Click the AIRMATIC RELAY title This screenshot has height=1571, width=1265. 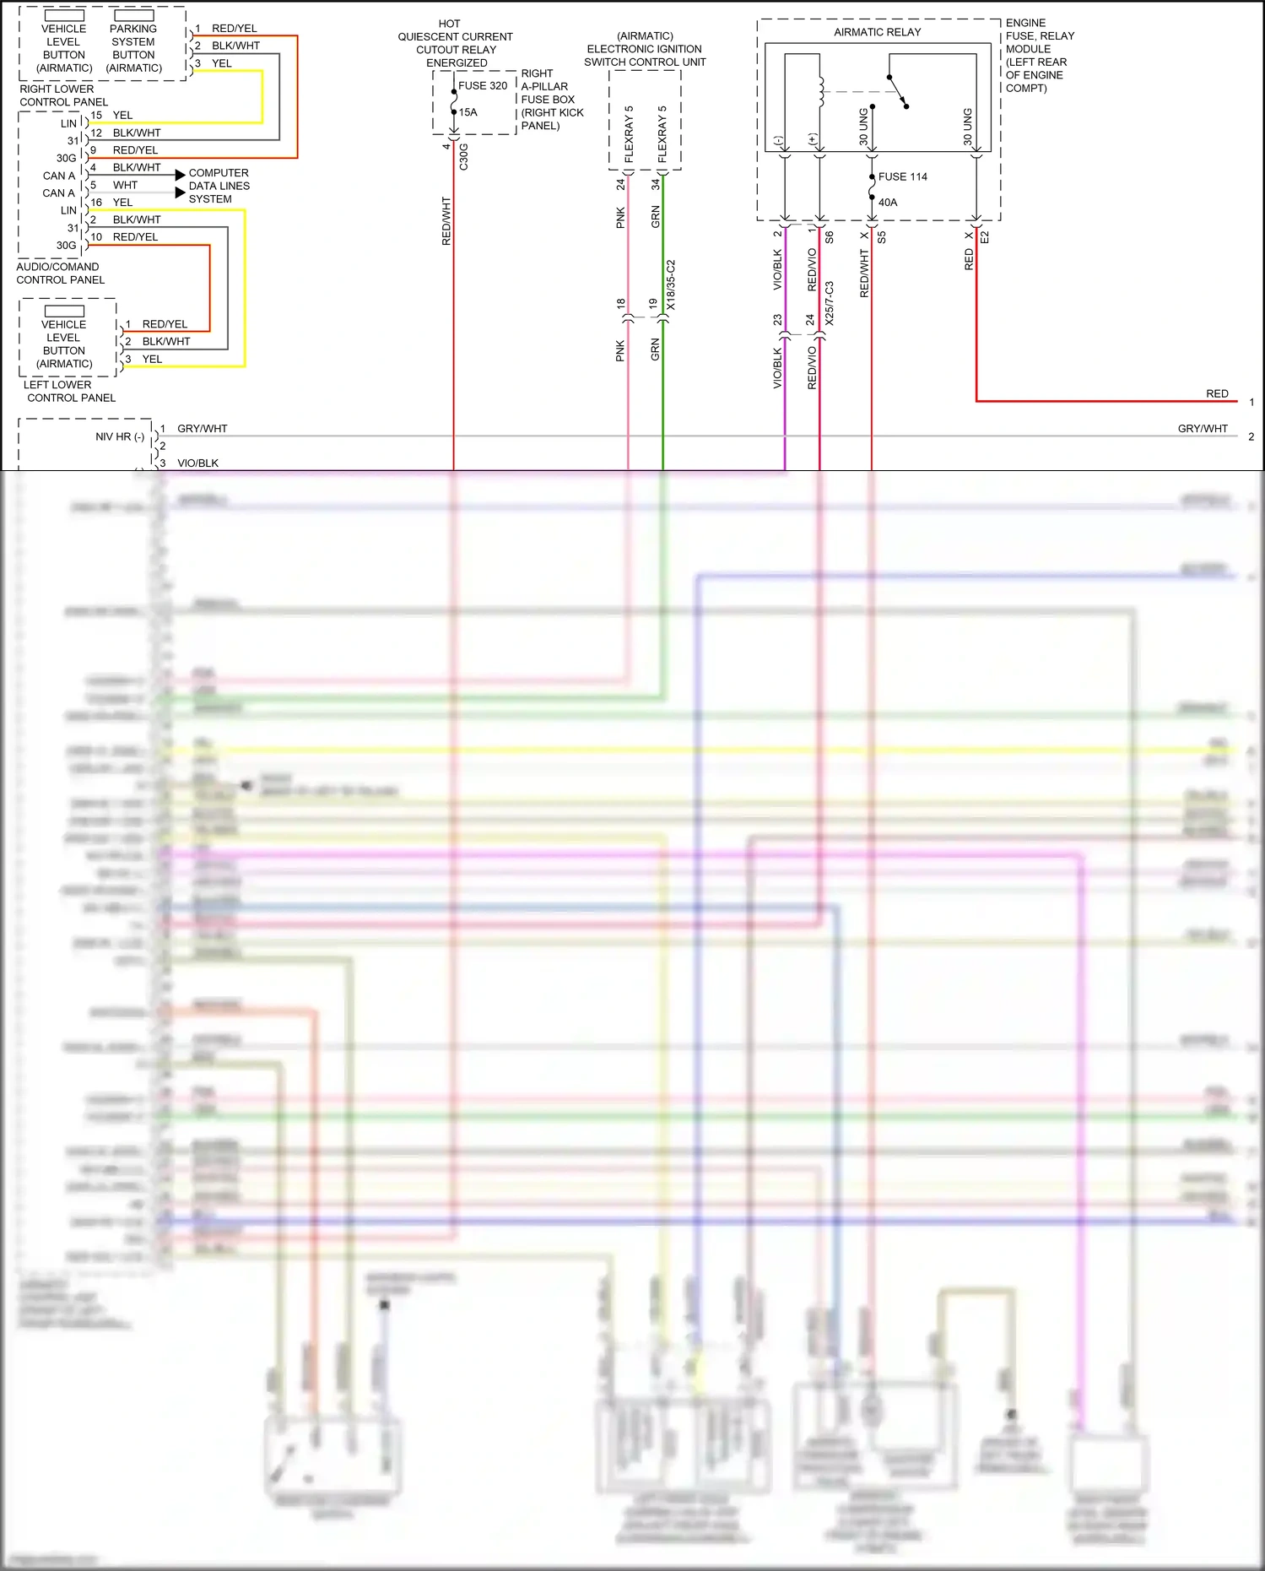877,32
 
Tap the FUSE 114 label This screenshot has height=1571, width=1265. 902,176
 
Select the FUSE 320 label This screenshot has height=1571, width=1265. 483,85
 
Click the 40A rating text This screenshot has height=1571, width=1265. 888,203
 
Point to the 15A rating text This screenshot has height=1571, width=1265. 468,112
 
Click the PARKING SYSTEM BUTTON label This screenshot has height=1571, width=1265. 133,48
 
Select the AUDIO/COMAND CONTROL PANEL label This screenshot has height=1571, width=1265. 60,274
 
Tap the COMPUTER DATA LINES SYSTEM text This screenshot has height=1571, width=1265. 219,186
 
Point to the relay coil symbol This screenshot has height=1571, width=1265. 820,92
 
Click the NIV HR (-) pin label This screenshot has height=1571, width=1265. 120,436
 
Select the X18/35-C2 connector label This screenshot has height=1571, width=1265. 671,285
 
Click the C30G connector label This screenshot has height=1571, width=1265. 463,157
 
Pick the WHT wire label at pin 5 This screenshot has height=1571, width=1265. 125,185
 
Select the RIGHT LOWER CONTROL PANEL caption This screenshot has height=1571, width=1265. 63,95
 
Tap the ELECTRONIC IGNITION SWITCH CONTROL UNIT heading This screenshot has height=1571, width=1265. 645,49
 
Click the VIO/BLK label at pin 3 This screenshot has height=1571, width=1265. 197,463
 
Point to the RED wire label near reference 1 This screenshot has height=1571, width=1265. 1217,393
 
